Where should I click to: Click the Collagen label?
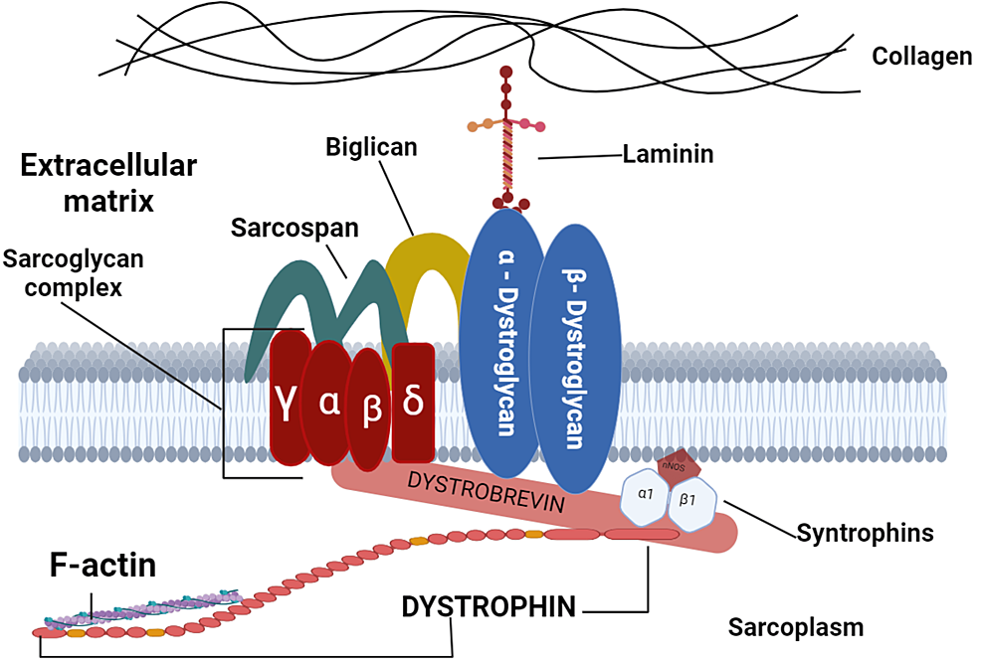(x=921, y=57)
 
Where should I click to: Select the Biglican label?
(x=371, y=148)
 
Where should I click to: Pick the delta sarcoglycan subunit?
(x=413, y=404)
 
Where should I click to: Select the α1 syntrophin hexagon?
(x=648, y=493)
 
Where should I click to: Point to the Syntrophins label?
(x=865, y=533)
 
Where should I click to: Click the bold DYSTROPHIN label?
(x=489, y=606)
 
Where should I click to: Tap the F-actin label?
(x=103, y=568)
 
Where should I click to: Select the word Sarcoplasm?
(x=796, y=628)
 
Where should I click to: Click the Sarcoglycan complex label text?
(x=73, y=274)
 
